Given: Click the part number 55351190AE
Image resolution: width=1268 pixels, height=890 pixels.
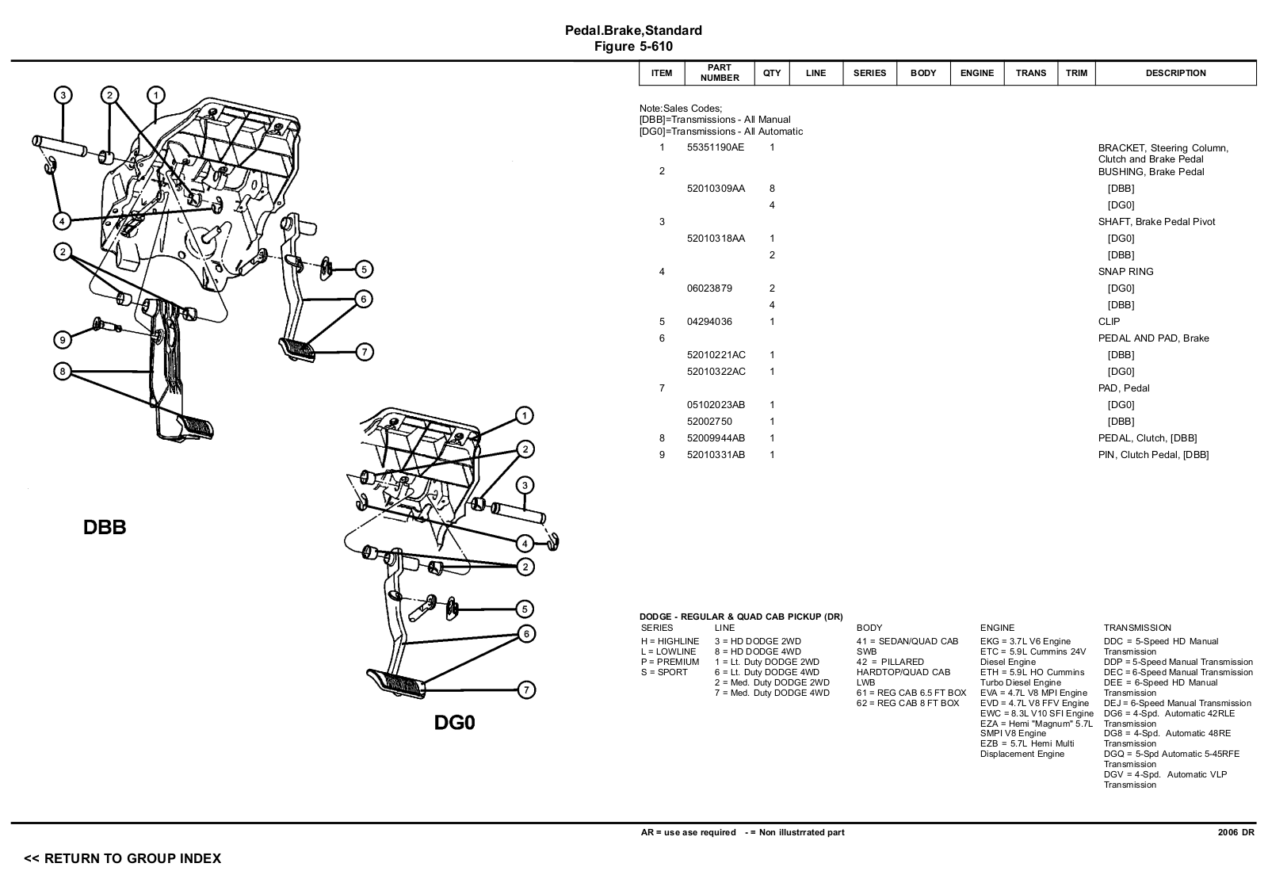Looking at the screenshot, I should point(715,147).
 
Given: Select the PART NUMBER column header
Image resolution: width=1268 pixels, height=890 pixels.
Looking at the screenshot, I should point(720,73).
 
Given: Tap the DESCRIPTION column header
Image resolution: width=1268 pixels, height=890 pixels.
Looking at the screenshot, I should point(1175,73).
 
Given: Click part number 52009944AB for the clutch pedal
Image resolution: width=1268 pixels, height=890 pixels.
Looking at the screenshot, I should point(716,438).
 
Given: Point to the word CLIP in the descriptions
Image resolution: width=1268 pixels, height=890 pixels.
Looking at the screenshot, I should point(1109,322).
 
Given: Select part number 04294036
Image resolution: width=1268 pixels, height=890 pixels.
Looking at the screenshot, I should point(709,322).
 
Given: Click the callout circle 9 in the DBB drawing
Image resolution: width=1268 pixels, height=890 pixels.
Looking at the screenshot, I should point(63,340).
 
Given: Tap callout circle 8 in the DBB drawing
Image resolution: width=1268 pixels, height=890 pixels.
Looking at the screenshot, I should point(63,371).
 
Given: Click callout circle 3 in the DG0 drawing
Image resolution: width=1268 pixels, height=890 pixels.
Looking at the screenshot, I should point(525,485).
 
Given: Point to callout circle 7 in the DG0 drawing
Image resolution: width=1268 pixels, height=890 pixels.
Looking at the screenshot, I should point(526,690).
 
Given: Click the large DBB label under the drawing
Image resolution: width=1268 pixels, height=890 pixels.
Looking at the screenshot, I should point(105,528).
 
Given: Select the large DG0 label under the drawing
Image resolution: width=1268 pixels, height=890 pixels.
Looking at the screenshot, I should point(454,723).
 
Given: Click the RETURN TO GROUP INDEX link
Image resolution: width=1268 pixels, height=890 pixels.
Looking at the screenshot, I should point(123,858).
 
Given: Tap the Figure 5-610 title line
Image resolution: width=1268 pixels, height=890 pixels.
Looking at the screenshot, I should point(633,46).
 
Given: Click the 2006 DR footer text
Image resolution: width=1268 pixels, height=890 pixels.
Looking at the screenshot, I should point(1236,832).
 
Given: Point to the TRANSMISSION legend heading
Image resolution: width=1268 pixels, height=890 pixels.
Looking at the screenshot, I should point(1136,628).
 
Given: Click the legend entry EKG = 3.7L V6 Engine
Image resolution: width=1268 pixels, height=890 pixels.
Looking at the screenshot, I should point(1025,641).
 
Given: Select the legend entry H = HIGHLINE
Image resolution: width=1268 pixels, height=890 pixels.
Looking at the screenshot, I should point(670,641).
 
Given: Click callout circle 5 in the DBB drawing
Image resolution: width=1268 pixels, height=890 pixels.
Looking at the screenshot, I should point(364,269).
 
